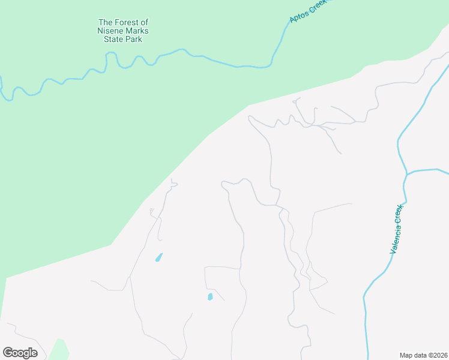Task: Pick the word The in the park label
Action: point(105,23)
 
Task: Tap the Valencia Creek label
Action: point(398,229)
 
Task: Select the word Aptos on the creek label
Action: point(298,15)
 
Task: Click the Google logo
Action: point(20,353)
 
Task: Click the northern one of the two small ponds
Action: point(159,257)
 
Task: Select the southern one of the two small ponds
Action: point(210,296)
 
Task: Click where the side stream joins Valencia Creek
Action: point(406,174)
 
